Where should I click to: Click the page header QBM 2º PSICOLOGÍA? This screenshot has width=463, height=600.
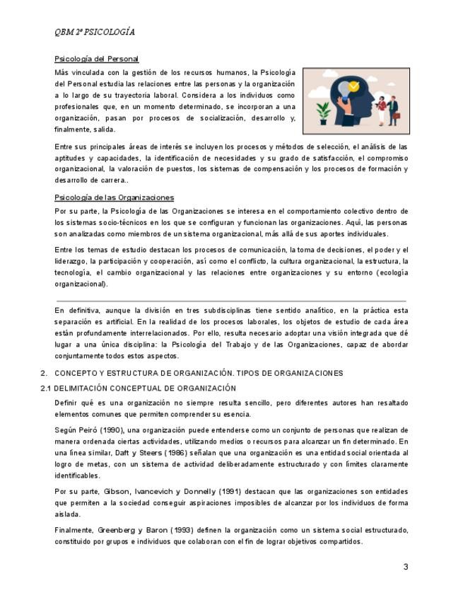coord(95,32)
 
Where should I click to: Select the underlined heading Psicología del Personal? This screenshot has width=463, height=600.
coord(97,59)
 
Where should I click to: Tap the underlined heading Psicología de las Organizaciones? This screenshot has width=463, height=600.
coord(114,197)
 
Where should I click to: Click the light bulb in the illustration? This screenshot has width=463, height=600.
coord(345,89)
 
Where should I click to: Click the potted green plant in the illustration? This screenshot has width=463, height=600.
coord(323,111)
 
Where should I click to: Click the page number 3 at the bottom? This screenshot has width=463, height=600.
coord(406,567)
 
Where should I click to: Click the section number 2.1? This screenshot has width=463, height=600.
coord(46,388)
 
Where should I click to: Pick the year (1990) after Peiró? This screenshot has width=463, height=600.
coord(110,429)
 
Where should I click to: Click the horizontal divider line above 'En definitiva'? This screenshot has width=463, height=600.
coord(231,301)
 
